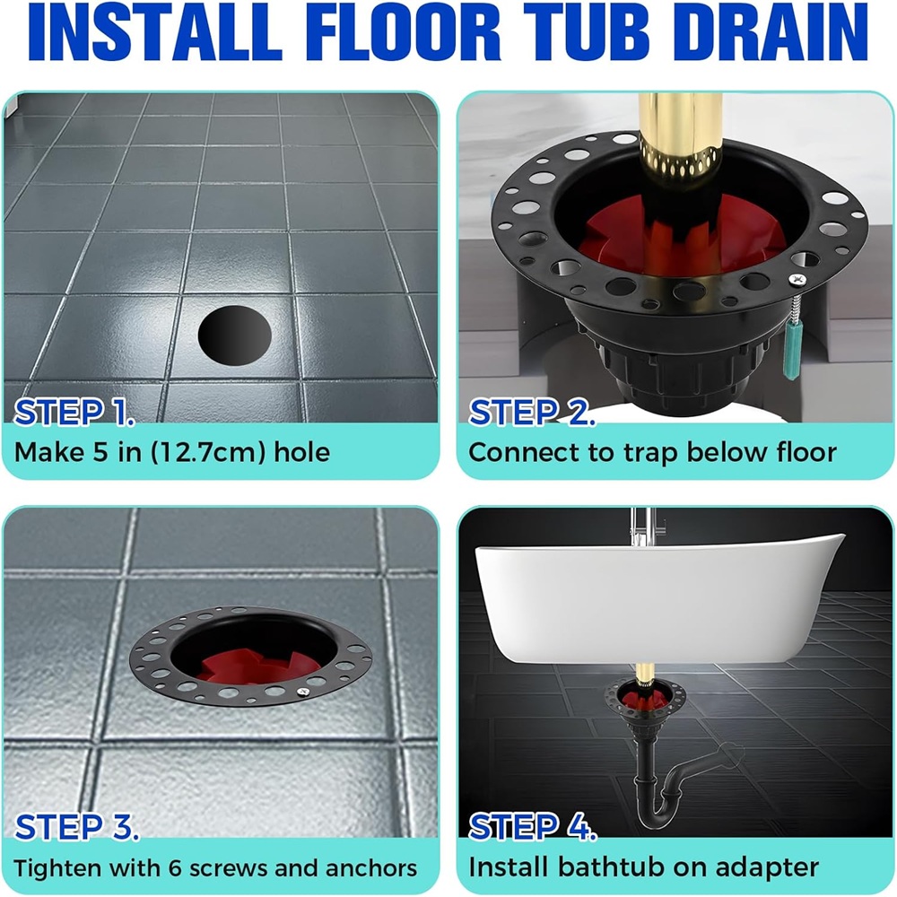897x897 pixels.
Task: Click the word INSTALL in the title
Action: (155, 32)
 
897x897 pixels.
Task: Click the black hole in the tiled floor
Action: (234, 335)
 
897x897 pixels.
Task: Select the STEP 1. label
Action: (74, 412)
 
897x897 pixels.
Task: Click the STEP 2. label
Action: (531, 412)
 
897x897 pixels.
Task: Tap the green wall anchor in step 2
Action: (794, 350)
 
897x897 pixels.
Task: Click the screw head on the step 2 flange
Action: (798, 280)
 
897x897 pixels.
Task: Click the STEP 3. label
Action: (76, 827)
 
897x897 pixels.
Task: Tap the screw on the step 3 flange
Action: (304, 692)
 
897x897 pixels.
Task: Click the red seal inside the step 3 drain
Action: (257, 666)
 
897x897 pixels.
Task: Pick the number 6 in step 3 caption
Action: (175, 868)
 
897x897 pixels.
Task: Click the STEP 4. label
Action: (533, 827)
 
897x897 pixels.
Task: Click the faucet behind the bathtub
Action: (640, 527)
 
